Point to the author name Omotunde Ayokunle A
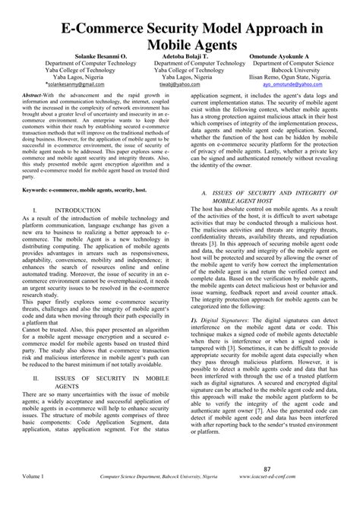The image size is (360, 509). click(289, 56)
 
